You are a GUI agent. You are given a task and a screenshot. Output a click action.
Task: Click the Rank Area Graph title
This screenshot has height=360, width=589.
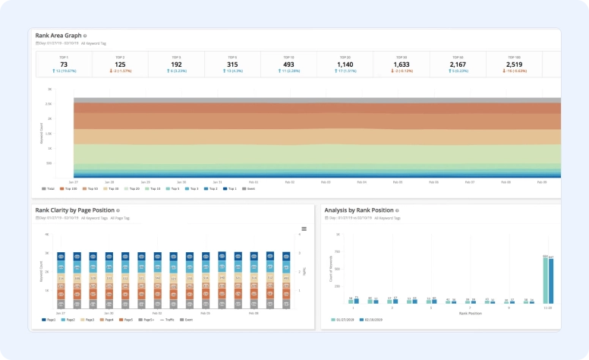[x=58, y=35]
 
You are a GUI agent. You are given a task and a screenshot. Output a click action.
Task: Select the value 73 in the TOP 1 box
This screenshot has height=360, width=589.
[x=63, y=64]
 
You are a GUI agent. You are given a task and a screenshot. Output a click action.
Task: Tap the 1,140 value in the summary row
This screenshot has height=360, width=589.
[x=345, y=64]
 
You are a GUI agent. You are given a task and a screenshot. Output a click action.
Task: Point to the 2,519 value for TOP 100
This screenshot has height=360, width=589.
[x=515, y=64]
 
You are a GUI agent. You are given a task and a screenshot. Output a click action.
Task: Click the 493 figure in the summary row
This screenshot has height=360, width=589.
[x=288, y=64]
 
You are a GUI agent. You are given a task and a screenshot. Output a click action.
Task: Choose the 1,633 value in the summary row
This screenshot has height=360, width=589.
[x=402, y=64]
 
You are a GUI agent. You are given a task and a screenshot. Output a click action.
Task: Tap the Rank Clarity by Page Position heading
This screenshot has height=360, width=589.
[x=74, y=210]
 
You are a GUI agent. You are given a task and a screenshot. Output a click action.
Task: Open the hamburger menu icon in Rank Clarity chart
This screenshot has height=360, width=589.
[x=304, y=229]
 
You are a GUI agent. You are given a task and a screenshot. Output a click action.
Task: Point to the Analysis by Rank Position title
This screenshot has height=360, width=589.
[x=358, y=210]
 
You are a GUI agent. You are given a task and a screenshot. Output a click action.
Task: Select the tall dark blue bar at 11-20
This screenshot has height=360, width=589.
[x=551, y=281]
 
